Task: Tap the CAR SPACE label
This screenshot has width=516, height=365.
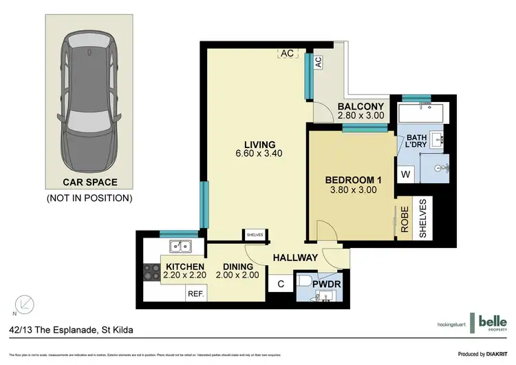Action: (90, 182)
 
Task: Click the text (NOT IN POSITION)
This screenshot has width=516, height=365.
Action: (89, 198)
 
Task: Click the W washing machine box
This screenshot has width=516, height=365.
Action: (406, 175)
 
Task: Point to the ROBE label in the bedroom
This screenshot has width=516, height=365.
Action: (406, 220)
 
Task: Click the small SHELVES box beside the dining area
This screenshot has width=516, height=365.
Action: (254, 235)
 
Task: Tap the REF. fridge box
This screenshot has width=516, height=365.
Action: (196, 293)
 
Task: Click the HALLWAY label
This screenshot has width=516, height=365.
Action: (295, 258)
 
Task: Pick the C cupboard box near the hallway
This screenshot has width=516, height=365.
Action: (281, 283)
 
